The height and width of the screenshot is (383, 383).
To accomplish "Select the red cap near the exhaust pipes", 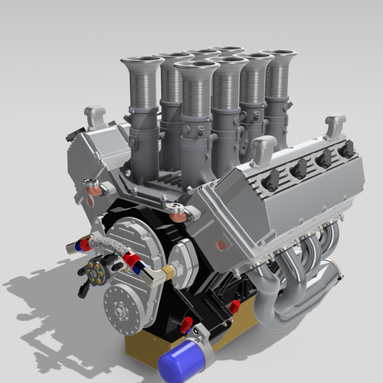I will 235,306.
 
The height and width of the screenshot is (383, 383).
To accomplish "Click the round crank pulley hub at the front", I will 122,304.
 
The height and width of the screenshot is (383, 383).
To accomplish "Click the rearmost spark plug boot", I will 346,149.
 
